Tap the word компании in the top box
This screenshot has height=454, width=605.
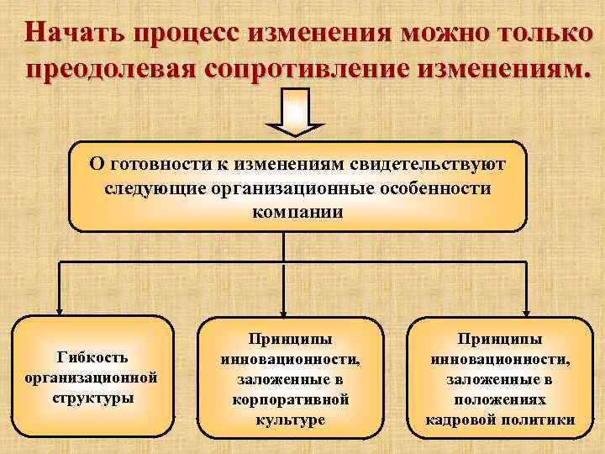pyautogui.click(x=297, y=210)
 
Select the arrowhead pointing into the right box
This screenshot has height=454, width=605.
pyautogui.click(x=527, y=308)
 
